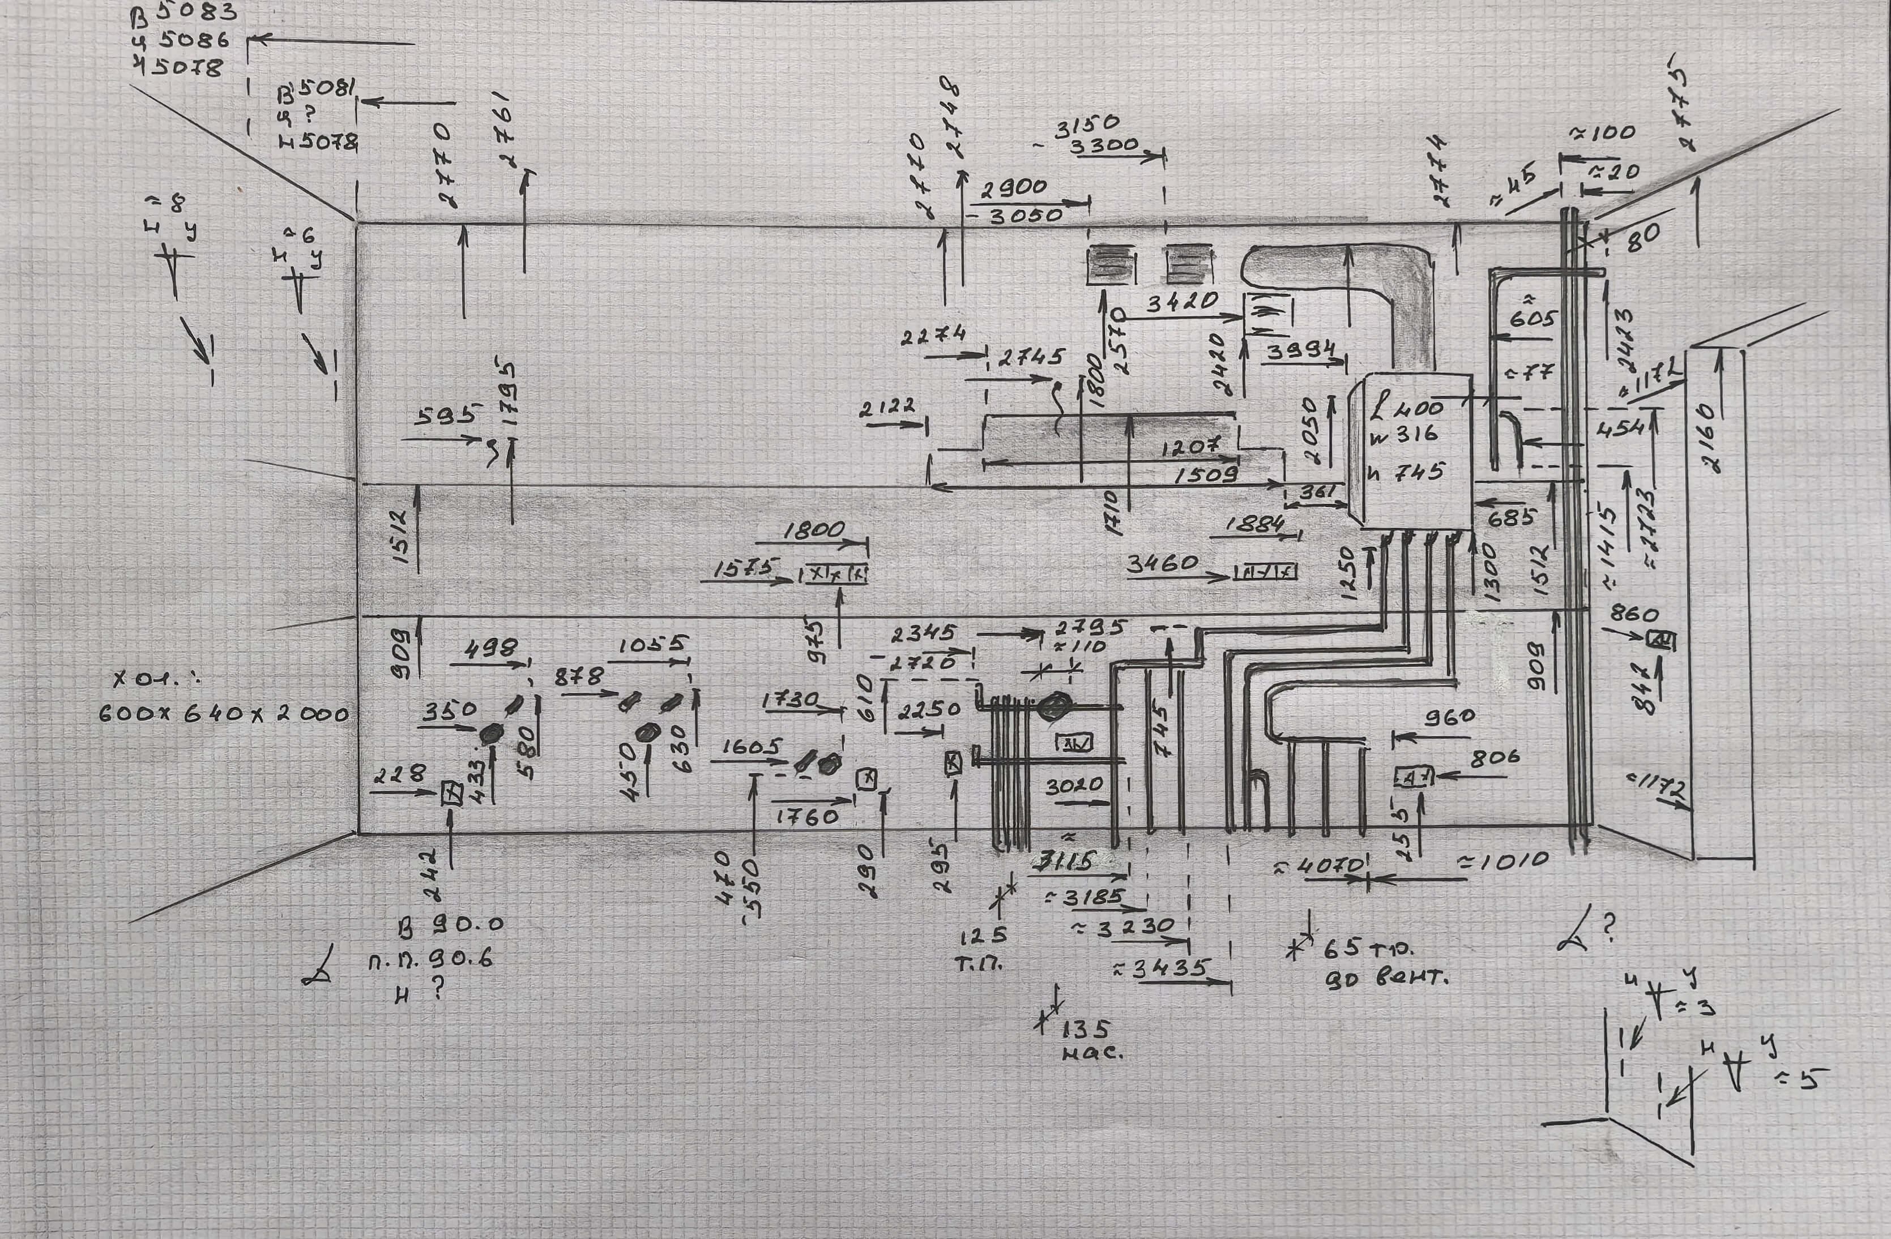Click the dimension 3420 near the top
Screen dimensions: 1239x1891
pos(1183,301)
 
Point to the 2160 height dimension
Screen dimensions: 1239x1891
pos(1708,438)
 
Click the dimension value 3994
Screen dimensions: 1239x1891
pos(1301,350)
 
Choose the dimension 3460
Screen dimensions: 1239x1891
pos(1163,563)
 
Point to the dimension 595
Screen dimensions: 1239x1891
pos(445,415)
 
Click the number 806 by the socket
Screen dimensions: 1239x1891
pos(1495,758)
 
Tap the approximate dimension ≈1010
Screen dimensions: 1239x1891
pos(1502,860)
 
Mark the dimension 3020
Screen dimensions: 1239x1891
pos(1074,786)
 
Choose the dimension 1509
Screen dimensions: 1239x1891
pos(1206,475)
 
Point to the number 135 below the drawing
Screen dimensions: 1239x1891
pos(1085,1030)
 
